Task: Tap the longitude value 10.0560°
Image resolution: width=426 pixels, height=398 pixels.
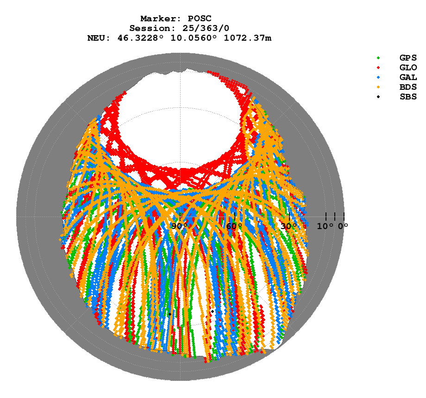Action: point(190,38)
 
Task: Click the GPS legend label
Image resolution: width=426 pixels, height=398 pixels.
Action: point(408,58)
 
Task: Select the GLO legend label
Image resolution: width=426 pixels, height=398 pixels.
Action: point(408,68)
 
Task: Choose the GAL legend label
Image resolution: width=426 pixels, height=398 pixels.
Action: point(408,77)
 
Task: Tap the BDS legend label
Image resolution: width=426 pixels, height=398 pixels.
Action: point(408,87)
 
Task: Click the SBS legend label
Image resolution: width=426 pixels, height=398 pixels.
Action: point(408,97)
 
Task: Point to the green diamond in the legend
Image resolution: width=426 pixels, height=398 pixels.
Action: point(379,58)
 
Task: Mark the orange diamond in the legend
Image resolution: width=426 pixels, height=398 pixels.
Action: point(379,87)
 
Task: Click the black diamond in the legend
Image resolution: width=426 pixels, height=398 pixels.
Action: point(379,97)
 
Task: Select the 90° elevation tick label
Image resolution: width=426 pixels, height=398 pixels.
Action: point(180,226)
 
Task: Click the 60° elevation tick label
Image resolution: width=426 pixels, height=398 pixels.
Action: point(234,226)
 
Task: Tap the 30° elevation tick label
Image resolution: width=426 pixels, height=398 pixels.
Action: point(289,226)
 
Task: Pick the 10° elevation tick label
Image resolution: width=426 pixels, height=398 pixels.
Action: point(325,226)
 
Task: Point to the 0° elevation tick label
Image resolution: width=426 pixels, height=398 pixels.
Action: point(343,226)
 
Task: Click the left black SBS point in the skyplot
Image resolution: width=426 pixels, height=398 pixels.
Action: point(169,314)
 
